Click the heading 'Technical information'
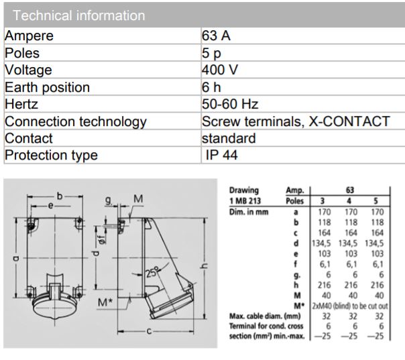tap(79, 15)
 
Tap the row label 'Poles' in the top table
tap(22, 53)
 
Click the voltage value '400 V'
tap(221, 70)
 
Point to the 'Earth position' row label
tap(47, 87)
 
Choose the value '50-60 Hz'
tap(230, 105)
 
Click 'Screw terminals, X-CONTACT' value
tap(296, 121)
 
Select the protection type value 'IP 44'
tap(222, 156)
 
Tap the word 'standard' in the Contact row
tap(229, 139)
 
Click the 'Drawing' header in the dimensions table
tap(244, 190)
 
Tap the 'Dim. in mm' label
tap(249, 211)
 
